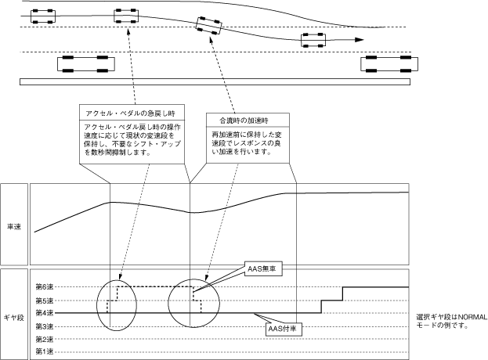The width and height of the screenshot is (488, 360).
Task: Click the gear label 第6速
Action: (x=45, y=286)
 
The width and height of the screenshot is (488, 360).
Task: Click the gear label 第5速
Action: (x=45, y=301)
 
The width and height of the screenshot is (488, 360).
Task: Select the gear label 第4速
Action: (x=45, y=313)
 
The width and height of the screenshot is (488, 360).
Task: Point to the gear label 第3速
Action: (x=45, y=326)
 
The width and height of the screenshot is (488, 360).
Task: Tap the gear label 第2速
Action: (x=45, y=339)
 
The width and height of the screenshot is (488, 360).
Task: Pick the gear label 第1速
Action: (x=45, y=352)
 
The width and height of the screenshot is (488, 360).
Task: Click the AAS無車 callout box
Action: (x=264, y=269)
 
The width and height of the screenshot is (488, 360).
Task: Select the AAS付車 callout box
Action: (x=284, y=329)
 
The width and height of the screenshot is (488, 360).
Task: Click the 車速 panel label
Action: (x=14, y=227)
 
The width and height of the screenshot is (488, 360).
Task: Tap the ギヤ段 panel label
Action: (x=14, y=318)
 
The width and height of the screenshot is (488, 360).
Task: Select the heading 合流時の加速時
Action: (x=244, y=121)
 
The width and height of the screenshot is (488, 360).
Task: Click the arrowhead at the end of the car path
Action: (x=360, y=40)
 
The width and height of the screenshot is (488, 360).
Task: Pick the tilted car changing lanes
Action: (x=209, y=26)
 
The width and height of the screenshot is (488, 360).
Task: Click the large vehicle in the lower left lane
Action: (x=86, y=64)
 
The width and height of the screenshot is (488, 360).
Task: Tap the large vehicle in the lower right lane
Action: (x=389, y=64)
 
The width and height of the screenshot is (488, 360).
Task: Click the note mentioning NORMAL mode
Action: (x=452, y=322)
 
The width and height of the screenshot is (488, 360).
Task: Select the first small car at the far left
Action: (x=43, y=16)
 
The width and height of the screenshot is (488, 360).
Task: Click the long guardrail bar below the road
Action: (x=215, y=81)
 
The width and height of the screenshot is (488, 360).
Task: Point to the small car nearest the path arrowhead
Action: (x=313, y=40)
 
